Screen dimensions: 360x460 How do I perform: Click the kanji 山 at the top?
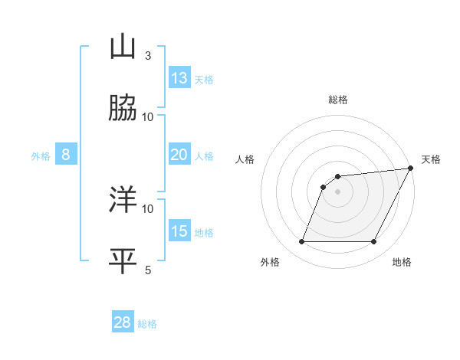coord(123,47)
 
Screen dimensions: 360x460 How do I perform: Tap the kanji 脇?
coord(123,109)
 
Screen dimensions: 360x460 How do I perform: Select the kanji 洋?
coord(123,201)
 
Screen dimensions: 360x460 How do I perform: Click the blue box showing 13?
coord(179,78)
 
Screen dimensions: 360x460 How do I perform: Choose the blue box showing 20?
coord(179,155)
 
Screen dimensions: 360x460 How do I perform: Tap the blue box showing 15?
coord(179,231)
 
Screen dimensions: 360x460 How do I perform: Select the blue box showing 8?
coord(66,155)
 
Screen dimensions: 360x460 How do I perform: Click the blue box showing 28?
coord(123,322)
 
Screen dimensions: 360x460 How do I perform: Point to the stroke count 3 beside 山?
coord(148,55)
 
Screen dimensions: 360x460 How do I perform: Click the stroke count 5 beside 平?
coord(148,270)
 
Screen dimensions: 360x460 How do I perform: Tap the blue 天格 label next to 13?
coord(204,80)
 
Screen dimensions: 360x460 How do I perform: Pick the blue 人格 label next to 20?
coord(204,156)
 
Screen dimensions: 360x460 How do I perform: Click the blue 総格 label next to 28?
coord(147,324)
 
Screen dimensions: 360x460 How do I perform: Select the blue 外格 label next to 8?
coord(41,156)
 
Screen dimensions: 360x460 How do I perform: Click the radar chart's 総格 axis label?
coord(338,100)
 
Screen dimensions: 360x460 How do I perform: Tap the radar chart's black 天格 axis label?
coord(432,159)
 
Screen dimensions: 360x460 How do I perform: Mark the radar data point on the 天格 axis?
coord(411,169)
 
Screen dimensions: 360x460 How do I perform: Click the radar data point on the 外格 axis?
coord(301,242)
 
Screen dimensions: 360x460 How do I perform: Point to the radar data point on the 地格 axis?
coord(374,242)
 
